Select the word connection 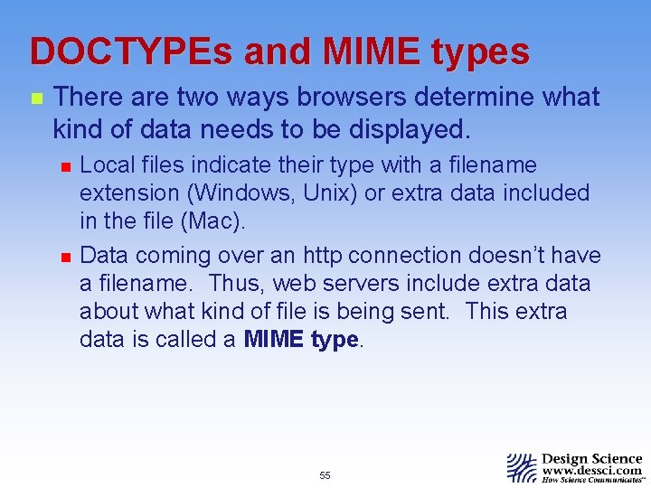pos(411,256)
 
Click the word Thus pos(233,284)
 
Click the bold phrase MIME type pos(302,340)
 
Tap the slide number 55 pos(325,475)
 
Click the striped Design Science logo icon pos(522,467)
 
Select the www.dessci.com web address pos(591,471)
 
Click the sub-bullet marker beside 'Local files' pos(64,166)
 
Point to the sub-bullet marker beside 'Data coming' pos(64,257)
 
